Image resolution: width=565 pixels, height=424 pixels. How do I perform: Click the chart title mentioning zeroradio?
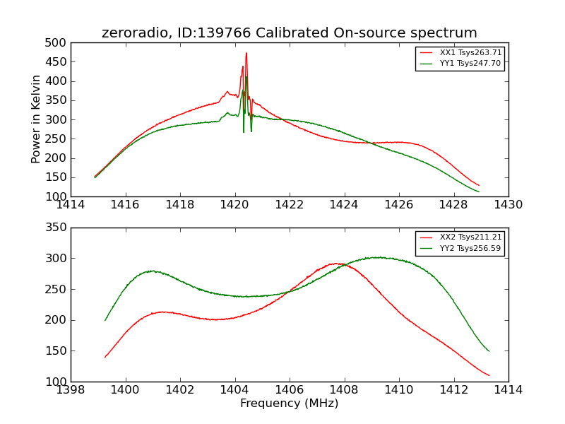(290, 33)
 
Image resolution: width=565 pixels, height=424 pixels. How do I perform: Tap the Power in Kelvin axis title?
(37, 119)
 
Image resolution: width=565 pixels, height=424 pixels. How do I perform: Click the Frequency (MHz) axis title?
(290, 404)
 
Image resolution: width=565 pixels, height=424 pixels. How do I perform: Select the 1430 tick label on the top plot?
(508, 205)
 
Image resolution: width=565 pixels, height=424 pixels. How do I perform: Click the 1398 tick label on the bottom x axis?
(71, 390)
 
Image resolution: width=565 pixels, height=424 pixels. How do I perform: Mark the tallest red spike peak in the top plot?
(246, 53)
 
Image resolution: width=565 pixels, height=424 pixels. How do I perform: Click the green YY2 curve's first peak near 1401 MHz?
(151, 271)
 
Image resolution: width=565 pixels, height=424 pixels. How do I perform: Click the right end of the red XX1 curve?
(479, 185)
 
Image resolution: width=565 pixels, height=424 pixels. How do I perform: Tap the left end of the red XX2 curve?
(105, 357)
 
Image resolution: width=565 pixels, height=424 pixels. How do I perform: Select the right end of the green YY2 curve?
(489, 351)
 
